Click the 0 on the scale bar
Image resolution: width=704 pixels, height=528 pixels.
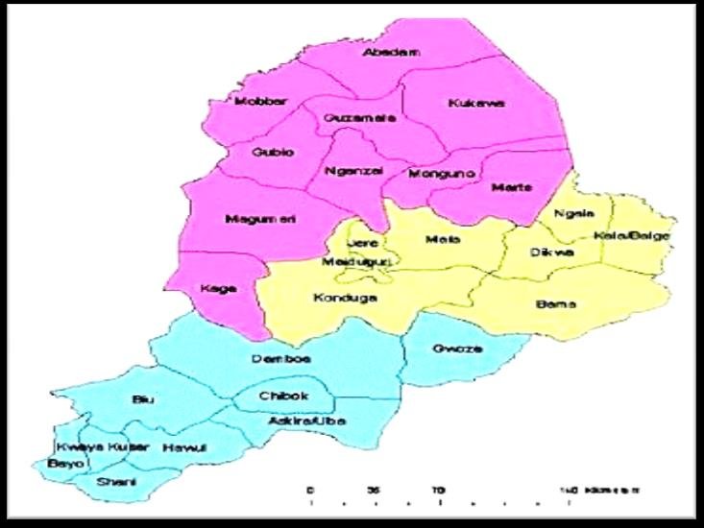click(309, 490)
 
